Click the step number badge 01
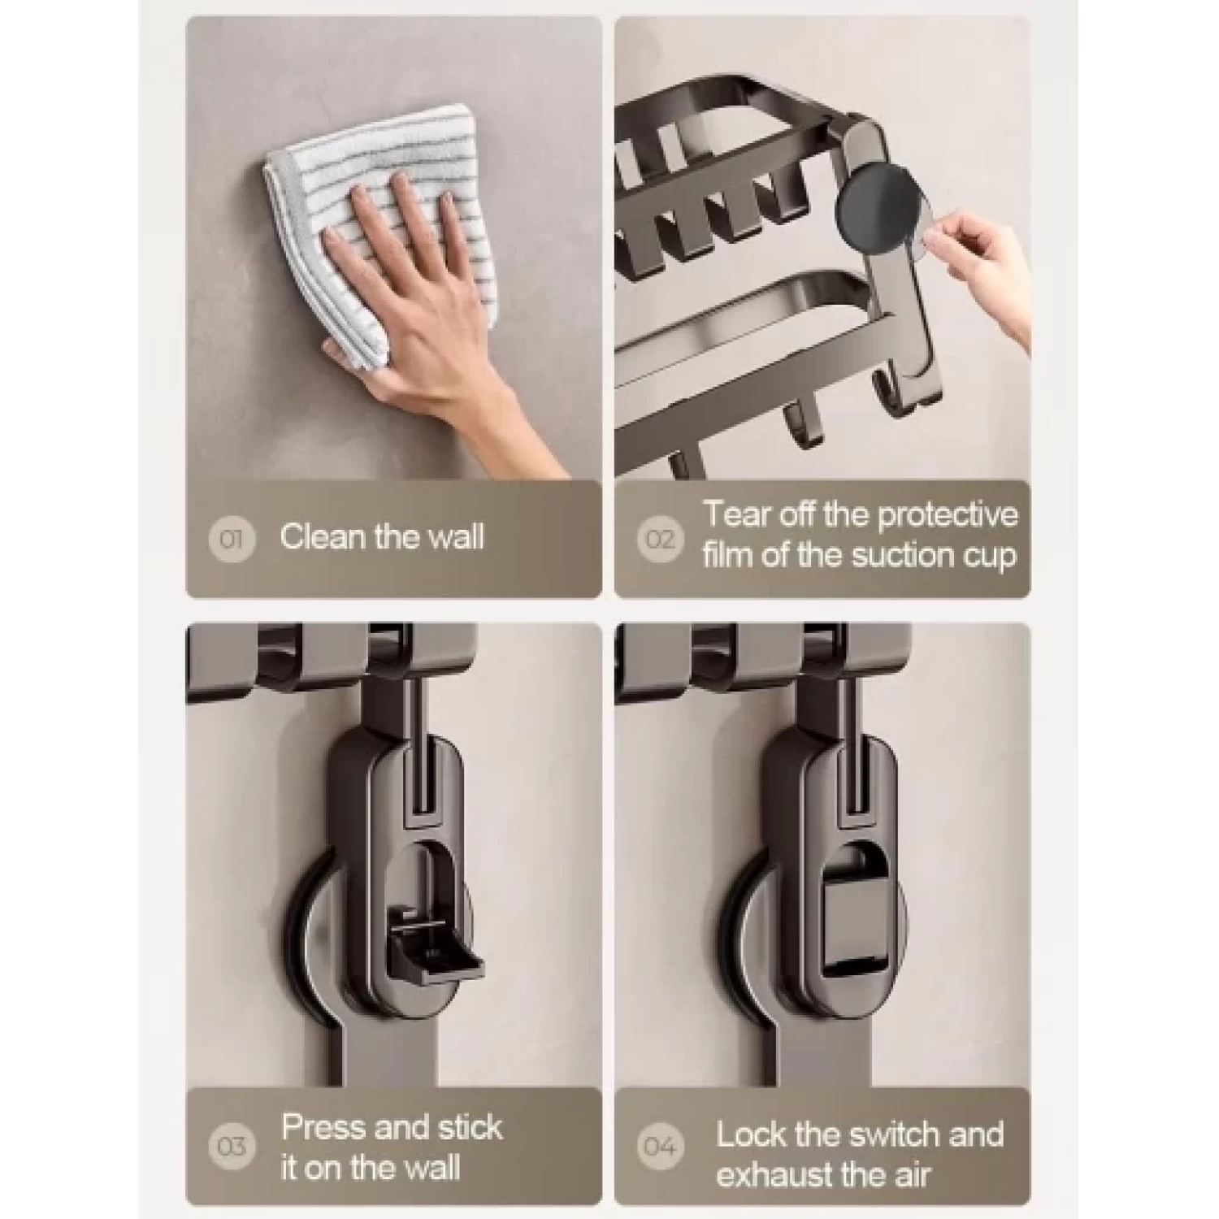point(232,538)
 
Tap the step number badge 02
point(660,538)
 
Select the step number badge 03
point(232,1146)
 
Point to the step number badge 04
point(660,1146)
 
